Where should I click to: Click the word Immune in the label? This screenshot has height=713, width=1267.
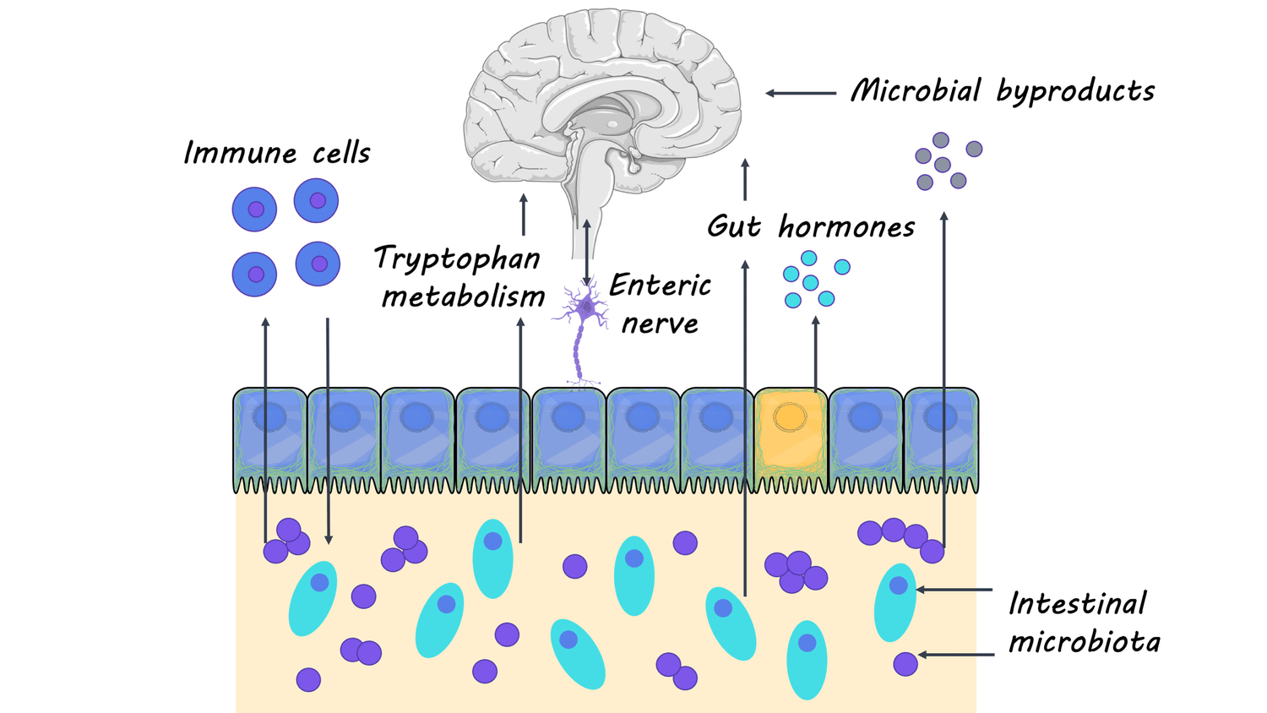pyautogui.click(x=240, y=153)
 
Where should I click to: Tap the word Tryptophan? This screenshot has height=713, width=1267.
pyautogui.click(x=457, y=259)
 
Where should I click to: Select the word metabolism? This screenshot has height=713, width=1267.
pyautogui.click(x=463, y=297)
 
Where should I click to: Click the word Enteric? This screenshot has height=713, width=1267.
pyautogui.click(x=660, y=286)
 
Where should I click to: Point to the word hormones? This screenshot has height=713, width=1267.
pyautogui.click(x=846, y=227)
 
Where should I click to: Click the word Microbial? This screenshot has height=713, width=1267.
pyautogui.click(x=916, y=90)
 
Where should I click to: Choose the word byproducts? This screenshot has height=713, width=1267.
pyautogui.click(x=1075, y=91)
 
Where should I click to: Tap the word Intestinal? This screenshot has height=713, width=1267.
pyautogui.click(x=1077, y=603)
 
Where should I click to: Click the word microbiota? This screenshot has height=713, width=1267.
pyautogui.click(x=1085, y=642)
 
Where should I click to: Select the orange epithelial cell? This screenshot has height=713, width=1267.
pyautogui.click(x=790, y=439)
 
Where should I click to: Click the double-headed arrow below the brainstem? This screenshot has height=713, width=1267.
pyautogui.click(x=587, y=253)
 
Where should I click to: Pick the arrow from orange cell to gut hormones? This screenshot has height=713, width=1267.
pyautogui.click(x=815, y=353)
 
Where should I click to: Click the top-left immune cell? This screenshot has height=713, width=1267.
pyautogui.click(x=254, y=209)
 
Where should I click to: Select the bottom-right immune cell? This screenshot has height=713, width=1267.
pyautogui.click(x=318, y=264)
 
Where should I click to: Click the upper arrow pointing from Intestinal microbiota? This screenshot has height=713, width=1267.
pyautogui.click(x=954, y=590)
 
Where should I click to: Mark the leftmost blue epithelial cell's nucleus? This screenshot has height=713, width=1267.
pyautogui.click(x=269, y=416)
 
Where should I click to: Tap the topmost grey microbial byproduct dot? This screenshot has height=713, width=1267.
pyautogui.click(x=940, y=140)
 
